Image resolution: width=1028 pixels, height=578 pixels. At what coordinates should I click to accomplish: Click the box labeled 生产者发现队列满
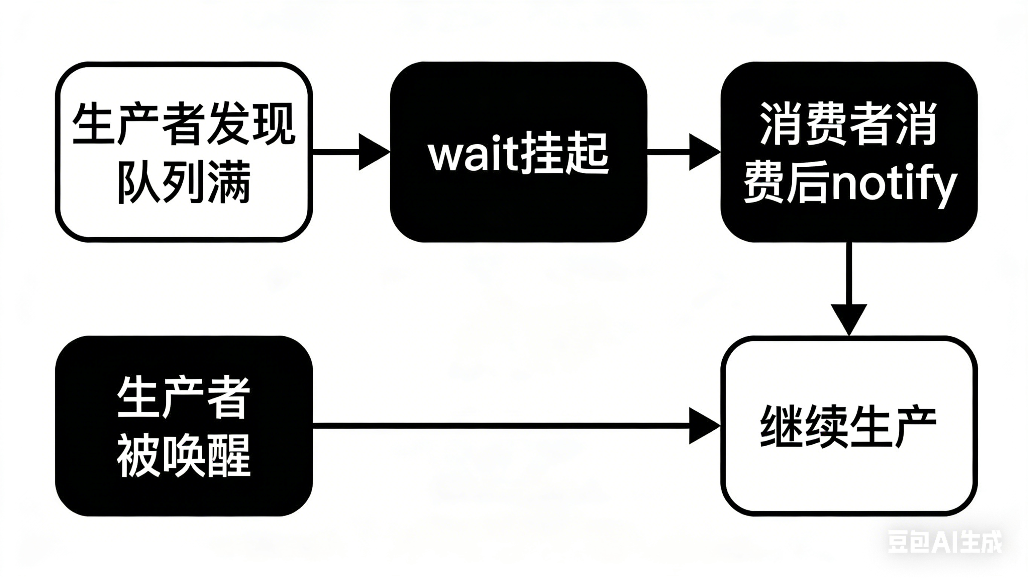pos(184,152)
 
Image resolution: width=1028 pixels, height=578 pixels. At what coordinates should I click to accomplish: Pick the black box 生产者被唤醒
pos(184,425)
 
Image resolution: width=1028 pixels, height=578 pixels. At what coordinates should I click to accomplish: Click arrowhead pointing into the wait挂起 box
pos(374,152)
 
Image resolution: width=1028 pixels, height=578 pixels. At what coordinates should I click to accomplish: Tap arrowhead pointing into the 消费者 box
pos(704,152)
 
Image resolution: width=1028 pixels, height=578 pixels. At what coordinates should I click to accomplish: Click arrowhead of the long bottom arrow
pos(704,425)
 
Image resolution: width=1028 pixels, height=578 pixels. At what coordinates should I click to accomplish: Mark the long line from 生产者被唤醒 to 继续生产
pos(499,425)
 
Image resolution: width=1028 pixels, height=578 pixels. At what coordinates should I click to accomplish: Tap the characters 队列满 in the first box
pos(184,182)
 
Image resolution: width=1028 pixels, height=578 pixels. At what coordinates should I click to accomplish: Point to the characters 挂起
pos(564,154)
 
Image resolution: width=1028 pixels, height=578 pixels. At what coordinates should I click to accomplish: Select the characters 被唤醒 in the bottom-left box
pos(184,455)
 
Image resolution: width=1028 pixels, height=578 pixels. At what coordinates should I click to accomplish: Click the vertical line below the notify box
pos(849,275)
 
